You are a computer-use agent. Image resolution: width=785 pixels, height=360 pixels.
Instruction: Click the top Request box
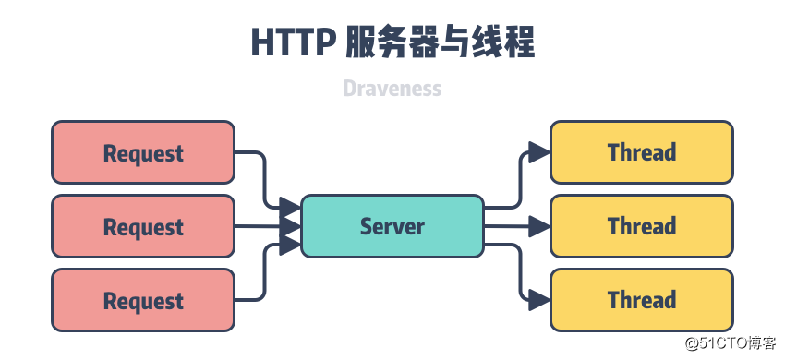(x=143, y=152)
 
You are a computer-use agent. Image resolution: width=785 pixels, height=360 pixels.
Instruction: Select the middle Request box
(x=143, y=226)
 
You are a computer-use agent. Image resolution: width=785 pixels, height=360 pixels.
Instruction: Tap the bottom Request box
(x=143, y=300)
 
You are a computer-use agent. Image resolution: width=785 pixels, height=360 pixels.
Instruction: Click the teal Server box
(x=392, y=226)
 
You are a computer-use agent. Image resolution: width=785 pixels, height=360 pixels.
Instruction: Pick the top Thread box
(x=642, y=152)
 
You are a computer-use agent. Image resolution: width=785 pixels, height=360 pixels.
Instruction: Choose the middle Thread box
(x=642, y=226)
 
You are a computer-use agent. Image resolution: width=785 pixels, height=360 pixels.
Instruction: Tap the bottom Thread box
(x=642, y=300)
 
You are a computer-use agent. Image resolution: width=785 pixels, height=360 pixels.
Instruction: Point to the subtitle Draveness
(x=392, y=89)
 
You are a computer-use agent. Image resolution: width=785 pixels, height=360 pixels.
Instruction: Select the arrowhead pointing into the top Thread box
(x=538, y=152)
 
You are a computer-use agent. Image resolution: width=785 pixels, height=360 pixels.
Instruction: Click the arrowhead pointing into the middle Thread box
(x=538, y=226)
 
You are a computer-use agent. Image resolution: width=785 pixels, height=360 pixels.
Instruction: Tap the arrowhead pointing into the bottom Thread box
(x=538, y=299)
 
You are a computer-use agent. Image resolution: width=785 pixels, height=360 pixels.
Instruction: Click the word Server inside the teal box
(x=392, y=226)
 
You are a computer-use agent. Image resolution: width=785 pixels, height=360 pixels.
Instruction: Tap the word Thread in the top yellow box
(x=642, y=152)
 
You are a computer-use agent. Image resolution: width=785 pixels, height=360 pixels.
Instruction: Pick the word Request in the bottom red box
(x=143, y=301)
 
